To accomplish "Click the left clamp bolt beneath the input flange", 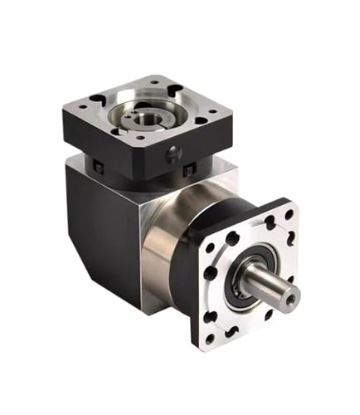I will point(100,169).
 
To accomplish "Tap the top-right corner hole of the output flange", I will point(288,214).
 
